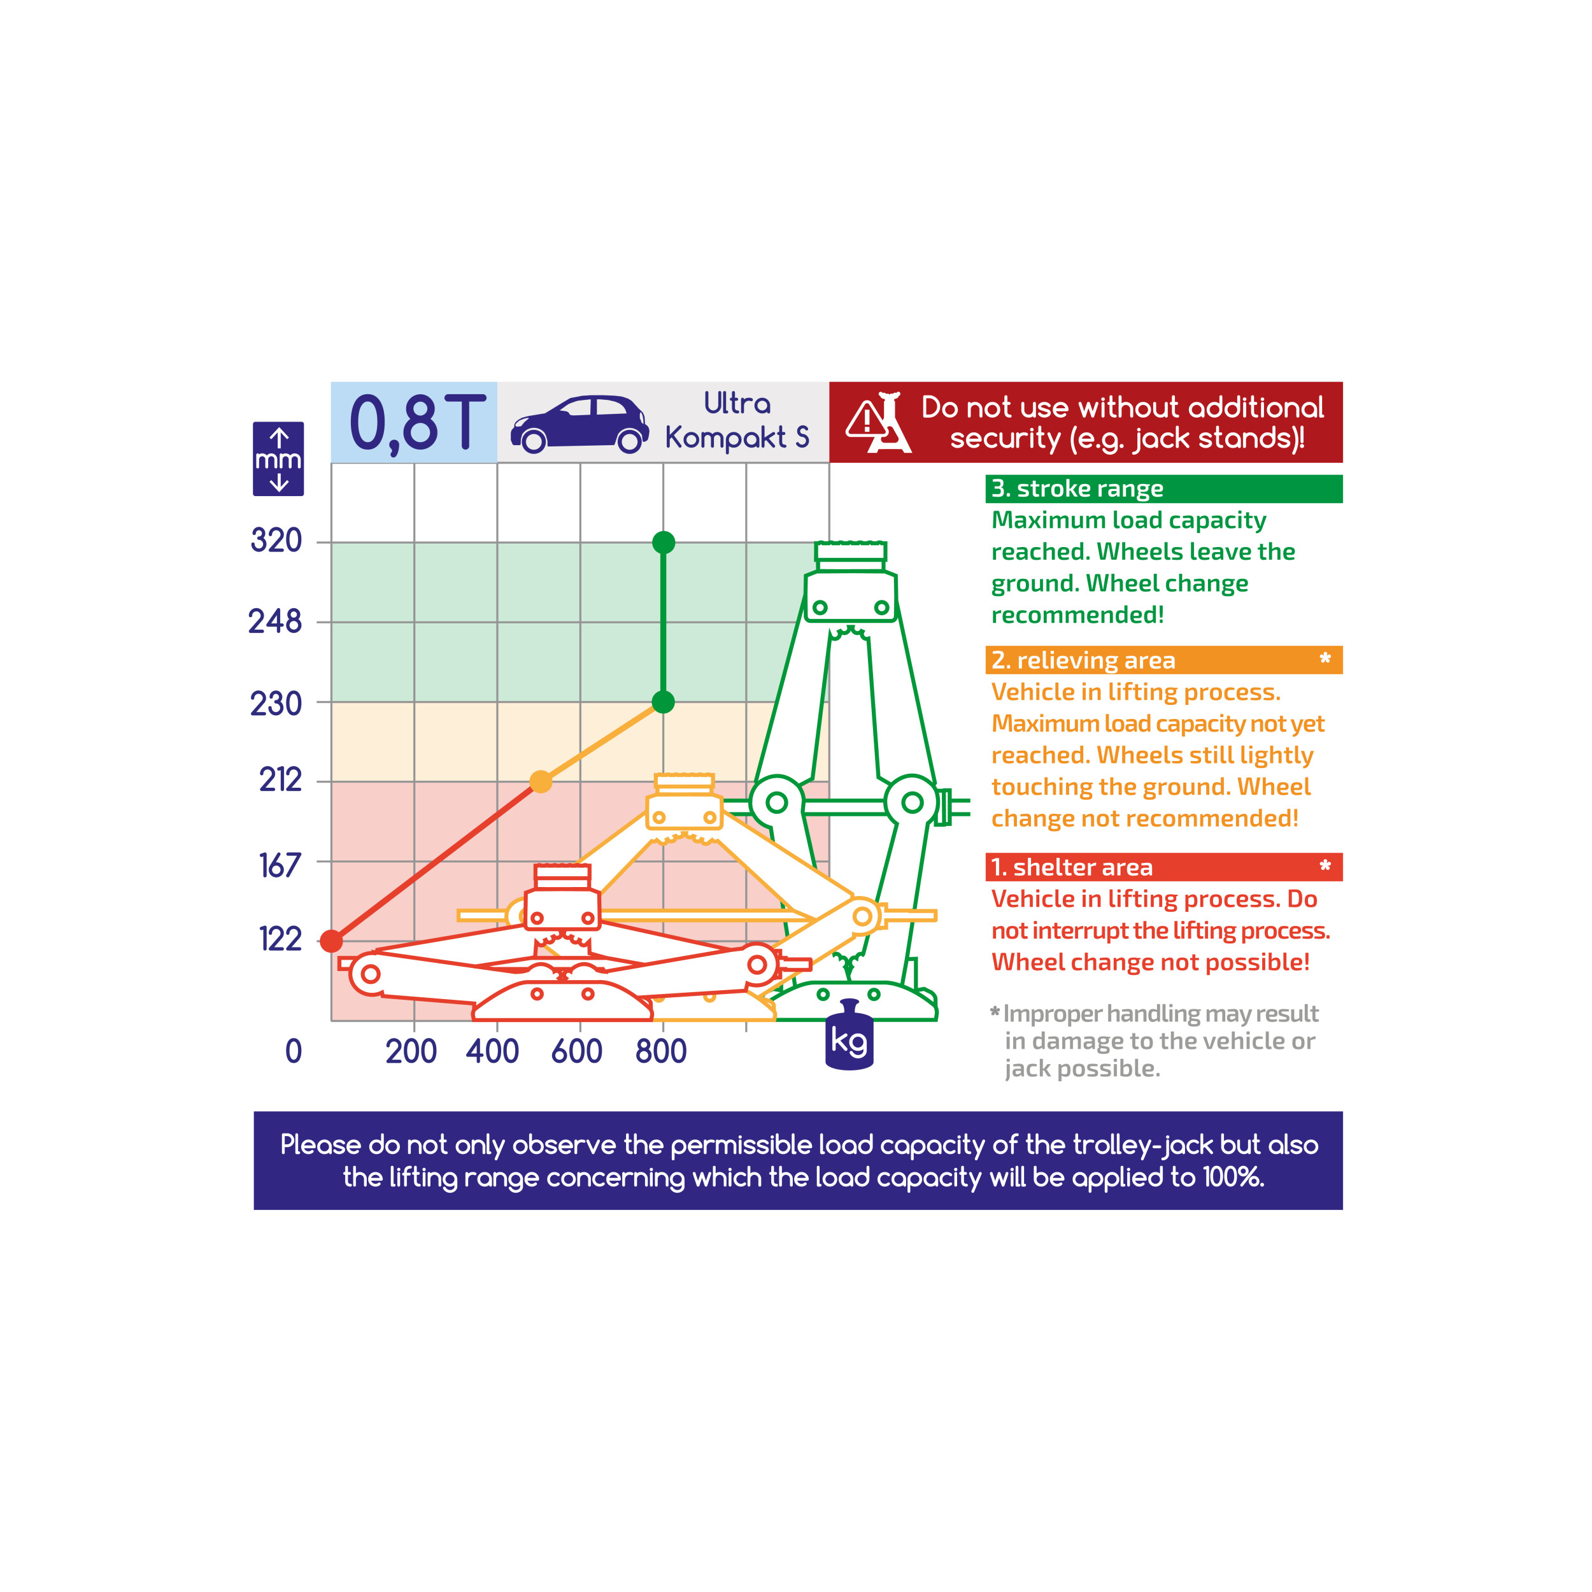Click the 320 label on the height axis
(276, 541)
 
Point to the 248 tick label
(275, 622)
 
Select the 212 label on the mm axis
(280, 779)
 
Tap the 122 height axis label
(280, 939)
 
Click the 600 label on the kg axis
(577, 1051)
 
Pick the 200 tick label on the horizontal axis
(411, 1051)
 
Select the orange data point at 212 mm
(541, 781)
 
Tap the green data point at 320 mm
(664, 542)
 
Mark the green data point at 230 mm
(664, 702)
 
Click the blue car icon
(580, 424)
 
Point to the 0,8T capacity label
(418, 423)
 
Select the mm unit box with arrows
(278, 459)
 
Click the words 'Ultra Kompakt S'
(737, 421)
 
